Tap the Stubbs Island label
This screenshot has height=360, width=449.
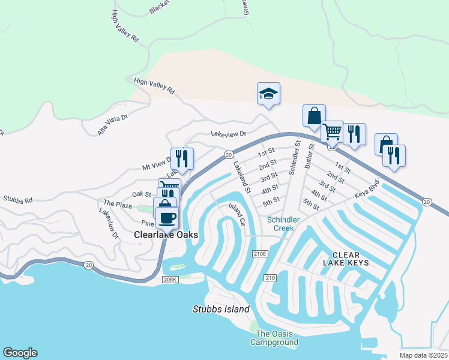(220, 310)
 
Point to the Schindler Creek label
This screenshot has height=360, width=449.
(283, 224)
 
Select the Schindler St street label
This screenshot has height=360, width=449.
(294, 158)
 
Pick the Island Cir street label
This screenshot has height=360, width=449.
(237, 214)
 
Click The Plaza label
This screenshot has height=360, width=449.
(117, 205)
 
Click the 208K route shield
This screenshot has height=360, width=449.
(171, 280)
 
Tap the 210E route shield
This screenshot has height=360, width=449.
(259, 254)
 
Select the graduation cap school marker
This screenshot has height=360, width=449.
(268, 94)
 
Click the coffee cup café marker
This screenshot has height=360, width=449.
(167, 217)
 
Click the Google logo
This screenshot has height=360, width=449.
(20, 353)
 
